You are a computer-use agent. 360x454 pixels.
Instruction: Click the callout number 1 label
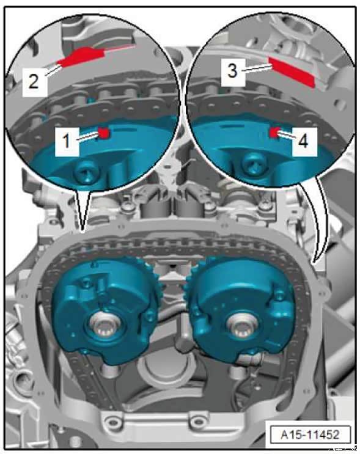[67, 141]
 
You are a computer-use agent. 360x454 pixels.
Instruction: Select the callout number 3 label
[233, 71]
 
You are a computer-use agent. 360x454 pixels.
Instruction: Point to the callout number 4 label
[303, 142]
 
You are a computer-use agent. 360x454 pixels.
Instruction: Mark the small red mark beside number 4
[273, 132]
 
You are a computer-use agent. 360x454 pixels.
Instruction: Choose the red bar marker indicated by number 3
[291, 71]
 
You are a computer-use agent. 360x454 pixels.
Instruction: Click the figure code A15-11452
[310, 434]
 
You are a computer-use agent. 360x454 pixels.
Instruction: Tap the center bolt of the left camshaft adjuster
[105, 327]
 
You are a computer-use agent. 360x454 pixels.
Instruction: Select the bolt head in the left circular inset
[86, 175]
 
